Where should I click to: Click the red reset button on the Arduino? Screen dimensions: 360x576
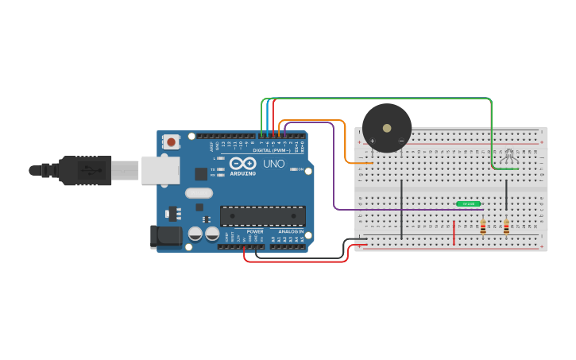(x=170, y=142)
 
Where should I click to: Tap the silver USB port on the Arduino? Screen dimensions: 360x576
(x=160, y=170)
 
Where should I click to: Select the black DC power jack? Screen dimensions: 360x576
(x=165, y=235)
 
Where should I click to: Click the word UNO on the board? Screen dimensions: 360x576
(x=273, y=163)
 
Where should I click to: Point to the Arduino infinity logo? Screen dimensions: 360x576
(x=242, y=163)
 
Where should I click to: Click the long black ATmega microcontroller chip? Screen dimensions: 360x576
(x=263, y=215)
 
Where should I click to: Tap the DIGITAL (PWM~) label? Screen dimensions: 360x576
(x=272, y=150)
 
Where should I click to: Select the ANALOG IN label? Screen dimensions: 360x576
(x=290, y=231)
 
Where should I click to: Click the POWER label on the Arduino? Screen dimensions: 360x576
(x=255, y=231)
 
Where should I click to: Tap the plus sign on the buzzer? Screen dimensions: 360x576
(x=372, y=141)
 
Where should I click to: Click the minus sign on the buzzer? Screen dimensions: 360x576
(x=401, y=141)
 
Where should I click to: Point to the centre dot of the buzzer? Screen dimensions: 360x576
(x=387, y=127)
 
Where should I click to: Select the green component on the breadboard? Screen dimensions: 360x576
(x=468, y=204)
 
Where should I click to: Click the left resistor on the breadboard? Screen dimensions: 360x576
(x=482, y=227)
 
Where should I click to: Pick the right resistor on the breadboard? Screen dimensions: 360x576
(x=506, y=227)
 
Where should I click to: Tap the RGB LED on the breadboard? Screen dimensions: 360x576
(x=509, y=157)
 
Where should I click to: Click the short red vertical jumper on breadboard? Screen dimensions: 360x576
(x=454, y=233)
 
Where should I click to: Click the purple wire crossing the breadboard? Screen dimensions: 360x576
(x=397, y=210)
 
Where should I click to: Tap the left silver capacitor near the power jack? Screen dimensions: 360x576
(x=195, y=234)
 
